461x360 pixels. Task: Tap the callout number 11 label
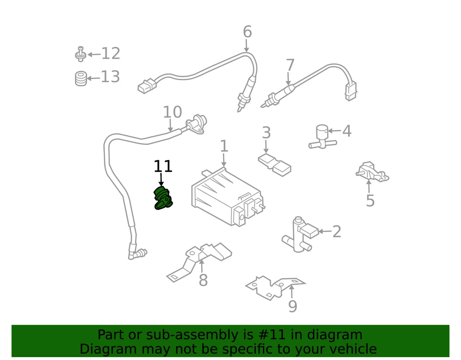[x=163, y=166]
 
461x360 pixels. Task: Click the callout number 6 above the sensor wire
[x=247, y=32]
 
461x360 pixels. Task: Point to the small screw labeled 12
[x=81, y=54]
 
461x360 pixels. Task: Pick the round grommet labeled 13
[x=81, y=78]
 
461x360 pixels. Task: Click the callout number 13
[x=110, y=76]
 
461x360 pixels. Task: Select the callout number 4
[x=346, y=131]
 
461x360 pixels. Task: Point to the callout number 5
[x=370, y=200]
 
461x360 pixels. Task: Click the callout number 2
[x=337, y=232]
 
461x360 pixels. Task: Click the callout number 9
[x=292, y=306]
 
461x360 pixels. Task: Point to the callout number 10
[x=172, y=112]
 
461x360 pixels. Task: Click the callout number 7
[x=290, y=65]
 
